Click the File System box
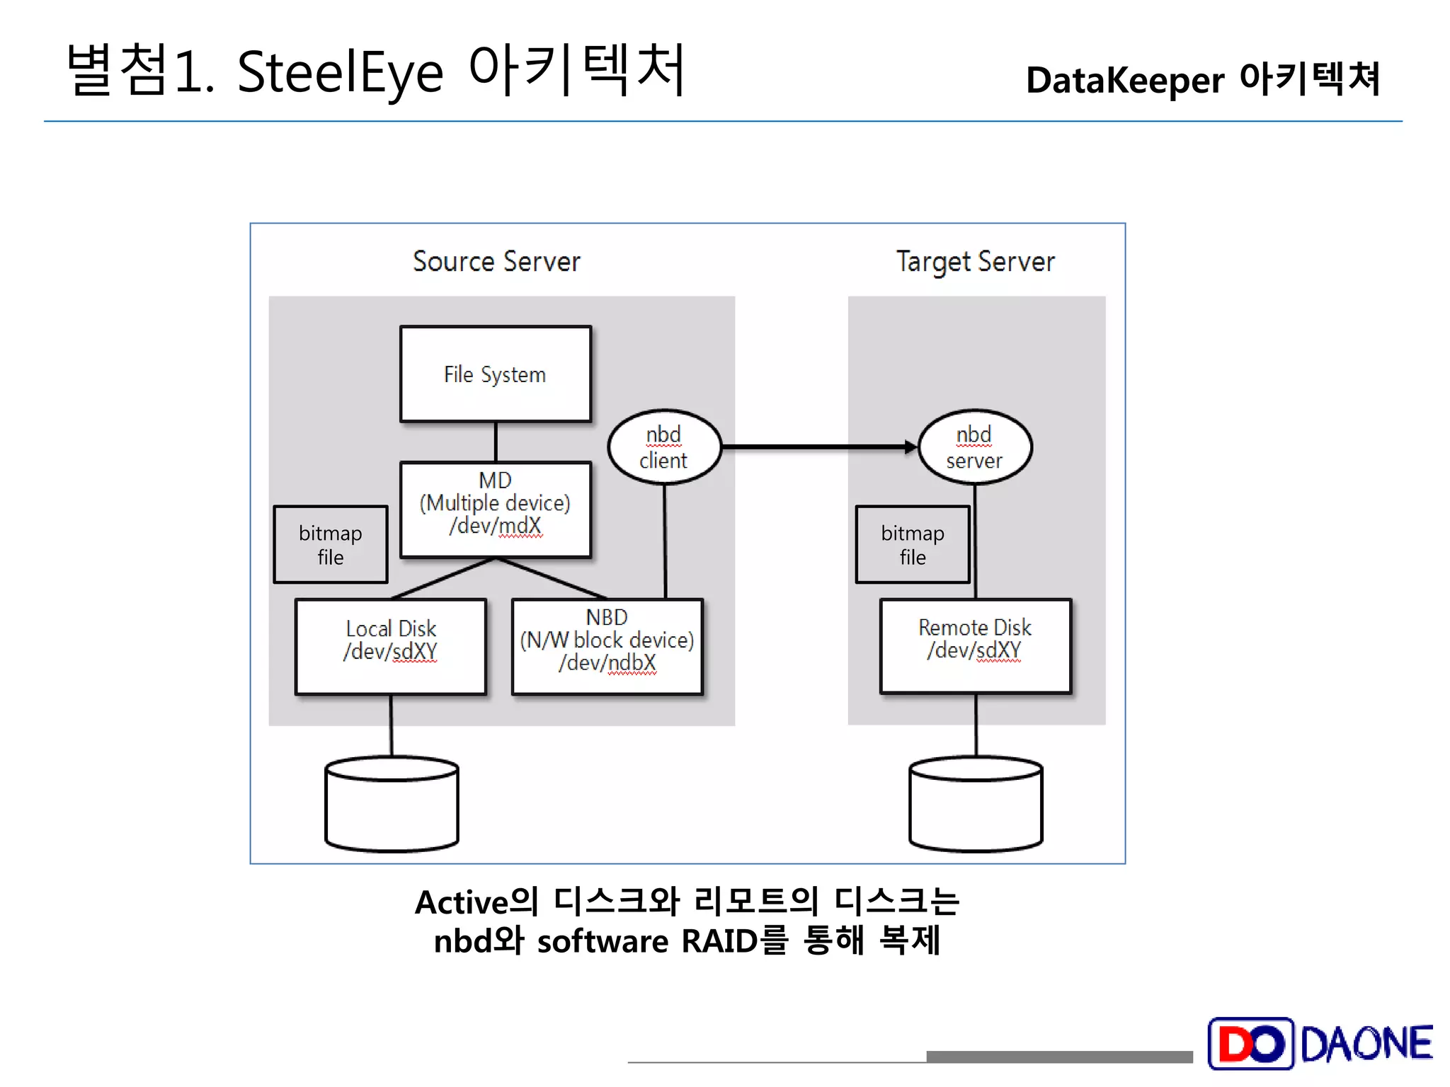click(x=495, y=374)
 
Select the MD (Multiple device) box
click(x=495, y=510)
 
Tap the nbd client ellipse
click(x=663, y=447)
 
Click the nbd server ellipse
click(x=974, y=447)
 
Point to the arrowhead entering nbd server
click(x=910, y=447)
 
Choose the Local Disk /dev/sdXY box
click(x=390, y=646)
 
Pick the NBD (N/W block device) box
click(x=607, y=646)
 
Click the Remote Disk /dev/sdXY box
click(x=975, y=645)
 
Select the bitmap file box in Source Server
click(x=330, y=544)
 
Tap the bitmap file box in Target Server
click(x=912, y=544)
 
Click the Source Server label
click(x=496, y=261)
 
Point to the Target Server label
click(x=975, y=262)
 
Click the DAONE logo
click(x=1320, y=1043)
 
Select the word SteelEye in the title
click(x=340, y=73)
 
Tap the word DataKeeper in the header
click(x=1124, y=80)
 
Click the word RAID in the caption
click(x=719, y=941)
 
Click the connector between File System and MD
click(x=496, y=442)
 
